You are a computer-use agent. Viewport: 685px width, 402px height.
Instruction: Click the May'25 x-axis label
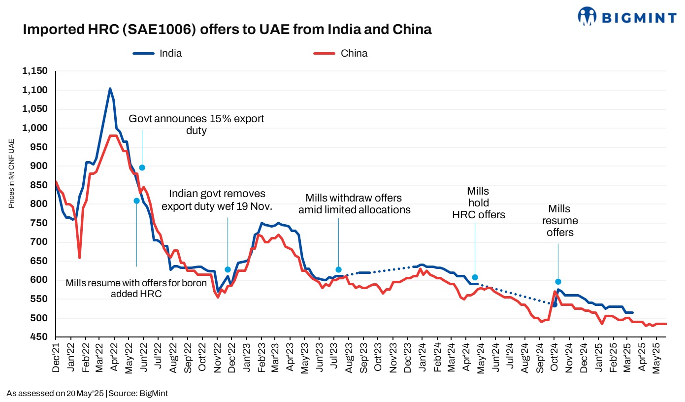656,359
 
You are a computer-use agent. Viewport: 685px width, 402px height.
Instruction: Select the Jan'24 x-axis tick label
423,359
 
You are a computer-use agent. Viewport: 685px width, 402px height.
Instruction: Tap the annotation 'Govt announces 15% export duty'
196,125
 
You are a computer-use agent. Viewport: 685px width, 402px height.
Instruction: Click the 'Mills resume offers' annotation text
560,220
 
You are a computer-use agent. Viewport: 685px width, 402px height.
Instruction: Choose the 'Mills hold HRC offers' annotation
478,202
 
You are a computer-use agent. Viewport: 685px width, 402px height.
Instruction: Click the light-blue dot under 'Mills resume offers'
558,281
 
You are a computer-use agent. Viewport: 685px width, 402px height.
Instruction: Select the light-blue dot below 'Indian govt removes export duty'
228,269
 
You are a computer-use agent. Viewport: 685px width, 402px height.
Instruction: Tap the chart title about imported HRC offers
227,30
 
